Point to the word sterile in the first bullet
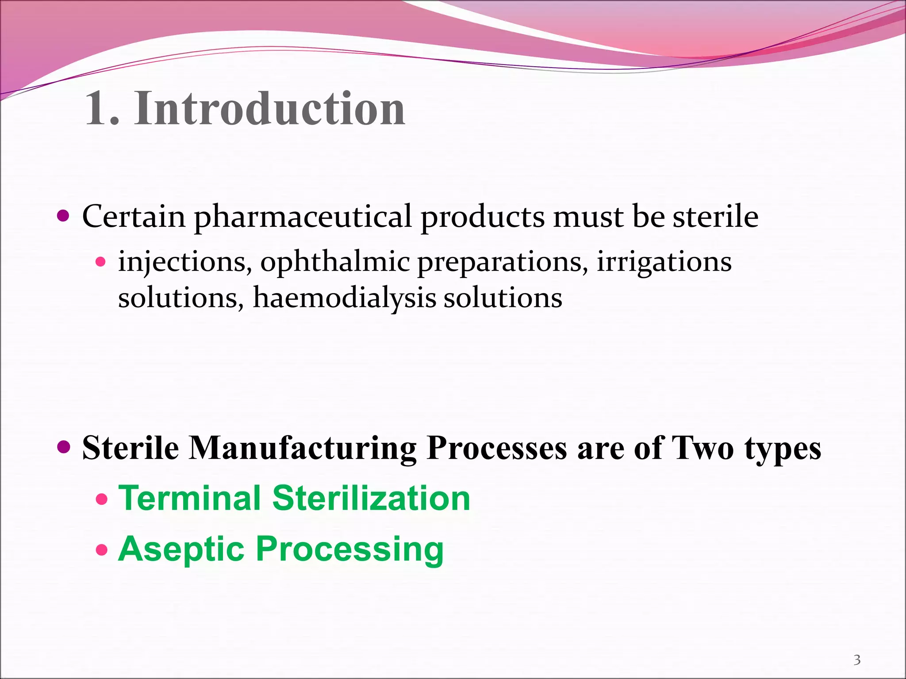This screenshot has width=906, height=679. (715, 217)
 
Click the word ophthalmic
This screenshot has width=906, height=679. (335, 262)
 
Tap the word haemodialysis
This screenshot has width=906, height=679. (345, 298)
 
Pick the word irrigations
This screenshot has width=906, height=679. (664, 262)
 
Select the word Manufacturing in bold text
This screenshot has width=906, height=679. (303, 448)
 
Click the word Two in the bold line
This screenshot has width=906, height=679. (703, 448)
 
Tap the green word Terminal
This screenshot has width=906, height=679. (190, 498)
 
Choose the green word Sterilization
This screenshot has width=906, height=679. (371, 498)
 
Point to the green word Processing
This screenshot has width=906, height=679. (349, 549)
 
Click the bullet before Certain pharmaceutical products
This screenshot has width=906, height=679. (64, 216)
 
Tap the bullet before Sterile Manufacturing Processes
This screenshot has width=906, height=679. (64, 447)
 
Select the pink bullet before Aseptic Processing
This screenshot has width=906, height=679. (102, 550)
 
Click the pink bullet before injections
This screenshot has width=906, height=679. (101, 262)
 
